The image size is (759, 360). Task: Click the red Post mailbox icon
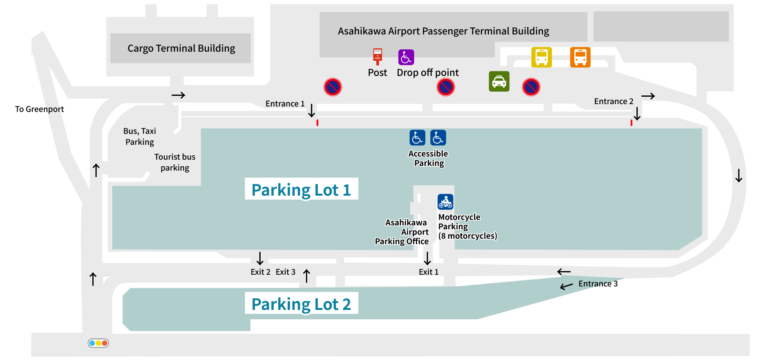pyautogui.click(x=378, y=57)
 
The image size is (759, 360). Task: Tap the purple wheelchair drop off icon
pyautogui.click(x=406, y=57)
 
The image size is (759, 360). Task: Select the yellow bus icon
pyautogui.click(x=541, y=57)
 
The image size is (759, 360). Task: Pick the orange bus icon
pyautogui.click(x=580, y=57)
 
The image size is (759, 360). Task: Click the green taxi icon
pyautogui.click(x=499, y=81)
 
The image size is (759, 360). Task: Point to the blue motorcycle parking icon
pyautogui.click(x=446, y=202)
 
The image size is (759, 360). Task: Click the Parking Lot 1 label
pyautogui.click(x=301, y=190)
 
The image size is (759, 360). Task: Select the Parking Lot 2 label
pyautogui.click(x=301, y=304)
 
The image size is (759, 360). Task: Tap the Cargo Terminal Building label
pyautogui.click(x=181, y=48)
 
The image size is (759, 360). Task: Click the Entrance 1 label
pyautogui.click(x=285, y=104)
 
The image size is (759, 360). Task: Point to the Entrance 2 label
pyautogui.click(x=613, y=101)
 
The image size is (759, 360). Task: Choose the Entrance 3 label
pyautogui.click(x=598, y=284)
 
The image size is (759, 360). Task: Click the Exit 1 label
pyautogui.click(x=428, y=272)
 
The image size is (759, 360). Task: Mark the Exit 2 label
pyautogui.click(x=261, y=272)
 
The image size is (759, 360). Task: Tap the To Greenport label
pyautogui.click(x=39, y=109)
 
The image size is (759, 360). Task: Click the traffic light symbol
pyautogui.click(x=98, y=343)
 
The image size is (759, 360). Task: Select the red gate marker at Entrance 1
pyautogui.click(x=317, y=123)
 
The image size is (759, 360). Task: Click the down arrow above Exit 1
pyautogui.click(x=427, y=258)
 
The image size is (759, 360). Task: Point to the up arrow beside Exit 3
pyautogui.click(x=307, y=275)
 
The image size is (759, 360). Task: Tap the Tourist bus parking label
pyautogui.click(x=175, y=162)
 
